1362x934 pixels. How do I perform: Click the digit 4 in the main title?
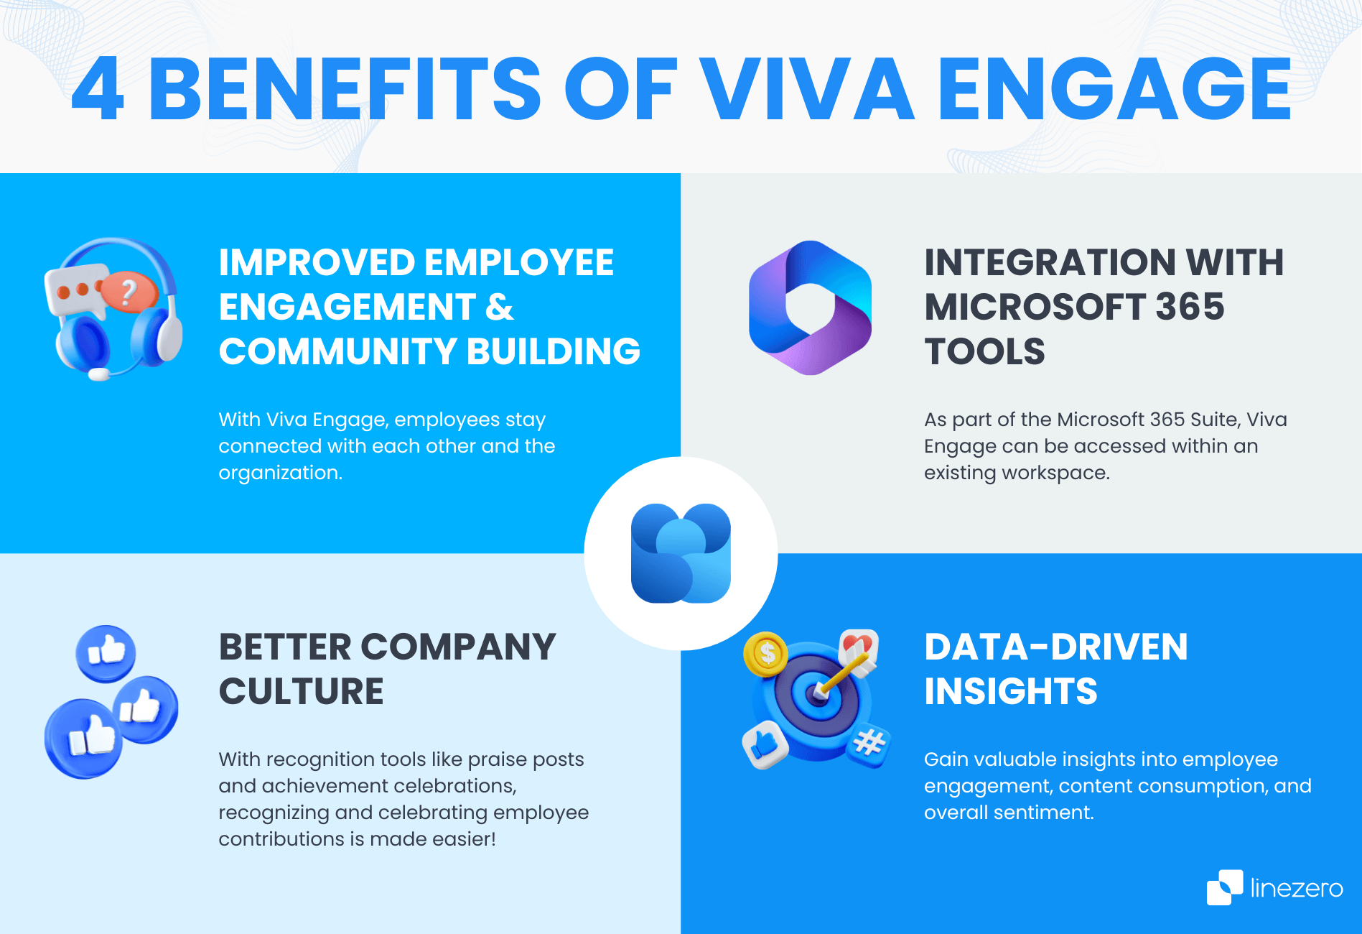(98, 90)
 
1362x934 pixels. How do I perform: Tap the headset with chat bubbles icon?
(113, 309)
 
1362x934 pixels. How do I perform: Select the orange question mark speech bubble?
(129, 291)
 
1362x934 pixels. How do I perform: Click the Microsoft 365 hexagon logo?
(810, 308)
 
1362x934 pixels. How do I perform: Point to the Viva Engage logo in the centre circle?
(681, 553)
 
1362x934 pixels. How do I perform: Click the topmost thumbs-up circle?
(106, 653)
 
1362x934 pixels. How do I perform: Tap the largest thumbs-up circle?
(83, 738)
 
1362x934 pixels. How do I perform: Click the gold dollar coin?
(766, 653)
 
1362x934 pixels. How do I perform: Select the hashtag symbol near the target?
(869, 743)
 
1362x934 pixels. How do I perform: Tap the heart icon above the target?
(857, 644)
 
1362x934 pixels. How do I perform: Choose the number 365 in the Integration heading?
(1189, 307)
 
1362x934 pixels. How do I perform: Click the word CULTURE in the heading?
(301, 691)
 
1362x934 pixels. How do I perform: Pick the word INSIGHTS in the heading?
(1010, 691)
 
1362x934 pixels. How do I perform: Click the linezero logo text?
(1296, 889)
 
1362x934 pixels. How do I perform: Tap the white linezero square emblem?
(1224, 887)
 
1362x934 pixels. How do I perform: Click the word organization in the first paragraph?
(279, 473)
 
